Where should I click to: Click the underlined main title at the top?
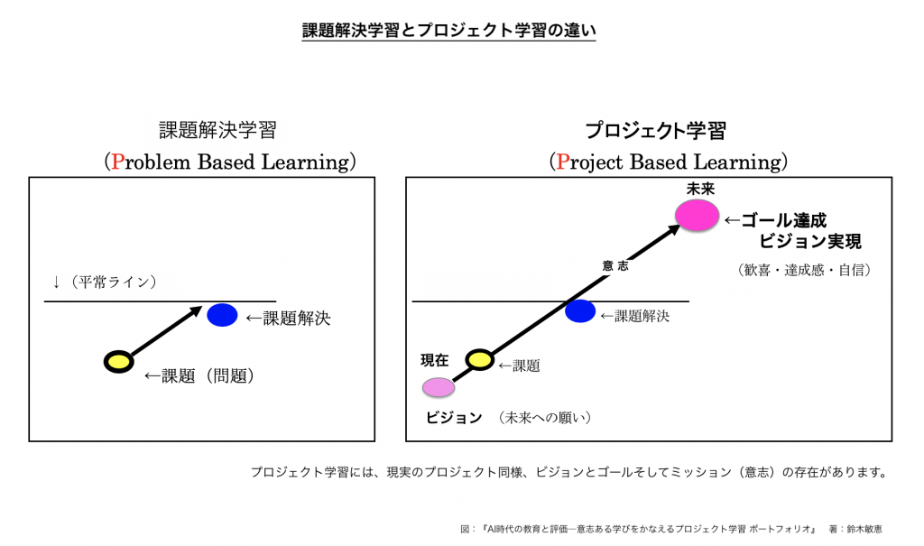[448, 31]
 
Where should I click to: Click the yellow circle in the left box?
[118, 362]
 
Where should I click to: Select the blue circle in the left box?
[222, 315]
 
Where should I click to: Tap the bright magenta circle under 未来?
[698, 215]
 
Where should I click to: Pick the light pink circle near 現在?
[439, 387]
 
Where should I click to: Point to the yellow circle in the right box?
[480, 360]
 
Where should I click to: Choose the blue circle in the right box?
[580, 311]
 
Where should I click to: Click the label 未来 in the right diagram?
[700, 189]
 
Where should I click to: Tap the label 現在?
[435, 360]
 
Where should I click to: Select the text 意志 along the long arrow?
[615, 266]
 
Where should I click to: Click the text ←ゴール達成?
[775, 220]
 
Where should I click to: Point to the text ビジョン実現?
[810, 241]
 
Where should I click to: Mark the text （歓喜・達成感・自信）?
[804, 270]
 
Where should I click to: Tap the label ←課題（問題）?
[199, 375]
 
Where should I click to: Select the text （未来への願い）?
[544, 418]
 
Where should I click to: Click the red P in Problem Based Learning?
[118, 162]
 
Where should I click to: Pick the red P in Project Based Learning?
[563, 162]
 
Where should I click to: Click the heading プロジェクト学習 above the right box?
[655, 130]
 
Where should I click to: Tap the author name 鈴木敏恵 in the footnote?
[864, 529]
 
